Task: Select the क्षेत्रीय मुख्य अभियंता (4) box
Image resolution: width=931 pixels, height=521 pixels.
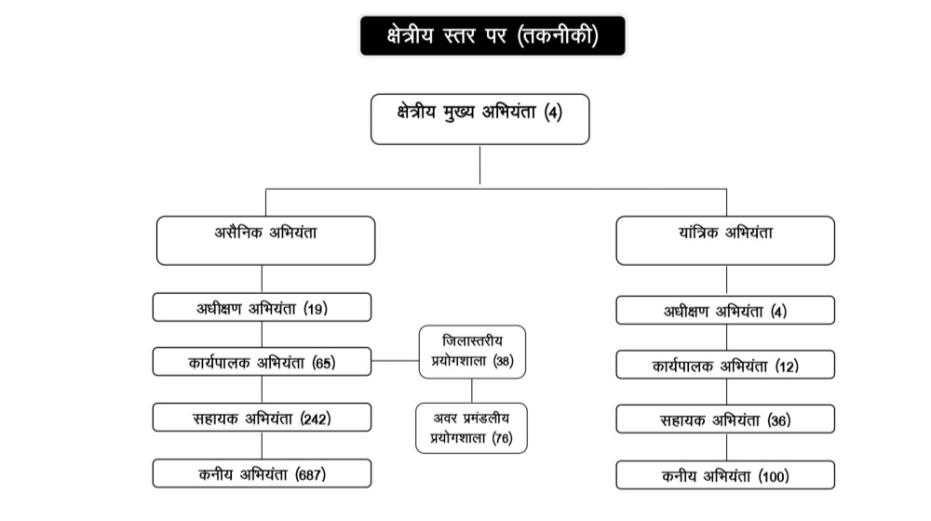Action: click(479, 118)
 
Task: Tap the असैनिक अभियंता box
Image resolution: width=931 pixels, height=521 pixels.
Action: click(265, 240)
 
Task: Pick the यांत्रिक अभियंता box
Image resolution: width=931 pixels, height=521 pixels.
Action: click(725, 240)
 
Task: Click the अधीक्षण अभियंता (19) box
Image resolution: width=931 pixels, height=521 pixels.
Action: click(263, 308)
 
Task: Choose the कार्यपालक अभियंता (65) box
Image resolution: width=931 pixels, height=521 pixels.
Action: click(263, 362)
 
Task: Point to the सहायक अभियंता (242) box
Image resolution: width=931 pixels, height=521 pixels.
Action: click(263, 418)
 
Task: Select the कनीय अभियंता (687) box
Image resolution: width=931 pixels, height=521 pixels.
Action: click(263, 474)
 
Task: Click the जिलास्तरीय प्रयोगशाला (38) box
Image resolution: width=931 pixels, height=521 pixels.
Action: click(471, 352)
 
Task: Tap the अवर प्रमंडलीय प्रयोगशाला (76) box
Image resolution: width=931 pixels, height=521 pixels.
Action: click(471, 427)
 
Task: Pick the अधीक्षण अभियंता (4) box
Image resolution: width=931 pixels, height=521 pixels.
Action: click(725, 311)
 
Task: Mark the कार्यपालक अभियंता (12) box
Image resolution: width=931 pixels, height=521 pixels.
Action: click(725, 366)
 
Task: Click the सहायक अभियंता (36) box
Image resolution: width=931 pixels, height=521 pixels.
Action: click(725, 420)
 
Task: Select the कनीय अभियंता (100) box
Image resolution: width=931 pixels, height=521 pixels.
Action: click(725, 475)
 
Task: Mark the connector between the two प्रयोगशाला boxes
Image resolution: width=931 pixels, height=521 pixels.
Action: click(471, 390)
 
